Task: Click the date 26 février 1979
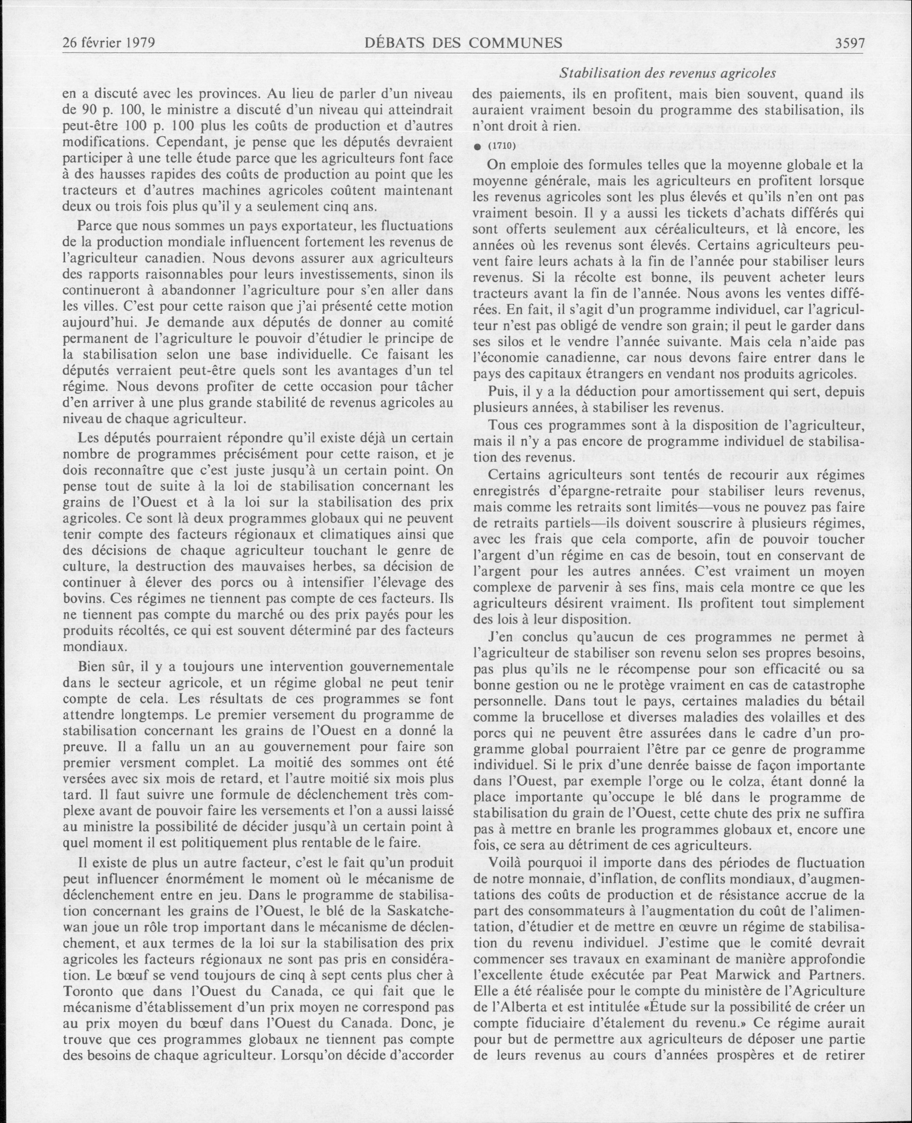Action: click(x=109, y=43)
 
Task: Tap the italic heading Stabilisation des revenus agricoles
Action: click(x=667, y=73)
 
